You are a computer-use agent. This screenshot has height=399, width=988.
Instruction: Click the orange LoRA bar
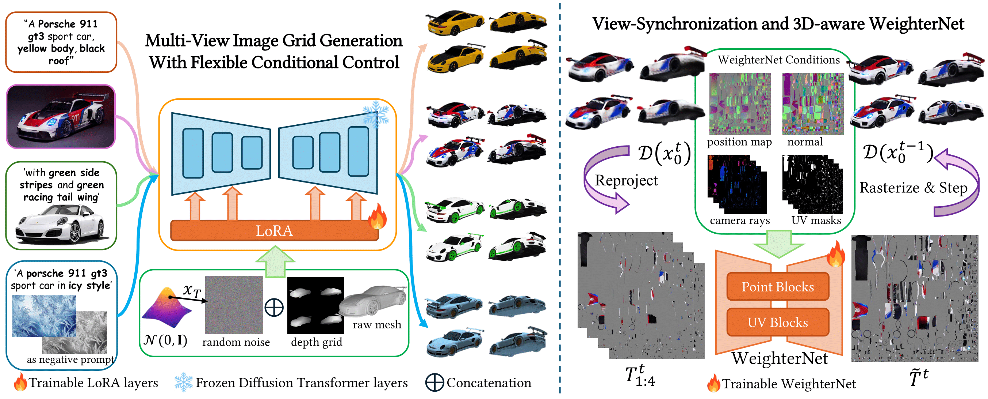point(274,230)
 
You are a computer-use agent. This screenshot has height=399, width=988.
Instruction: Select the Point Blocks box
point(777,286)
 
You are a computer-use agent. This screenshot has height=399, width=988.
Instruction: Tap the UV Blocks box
point(777,322)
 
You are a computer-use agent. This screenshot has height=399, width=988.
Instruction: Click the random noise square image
point(234,305)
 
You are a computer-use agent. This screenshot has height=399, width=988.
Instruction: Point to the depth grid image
point(316,305)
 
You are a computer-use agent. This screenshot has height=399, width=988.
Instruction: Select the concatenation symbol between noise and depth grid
point(274,307)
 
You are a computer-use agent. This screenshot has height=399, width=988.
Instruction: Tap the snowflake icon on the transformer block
point(376,114)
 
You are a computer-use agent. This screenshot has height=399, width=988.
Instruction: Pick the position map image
point(739,104)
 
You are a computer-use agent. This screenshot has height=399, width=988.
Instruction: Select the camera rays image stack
point(737,184)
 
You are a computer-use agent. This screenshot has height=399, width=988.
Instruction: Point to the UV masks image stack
point(812,184)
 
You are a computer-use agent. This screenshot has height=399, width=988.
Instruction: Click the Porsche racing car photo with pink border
point(61,117)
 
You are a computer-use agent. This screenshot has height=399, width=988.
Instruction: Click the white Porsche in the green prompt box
point(61,225)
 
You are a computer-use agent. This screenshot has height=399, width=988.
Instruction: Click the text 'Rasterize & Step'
point(913,188)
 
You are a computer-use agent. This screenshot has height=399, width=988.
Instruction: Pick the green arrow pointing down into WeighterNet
point(778,244)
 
